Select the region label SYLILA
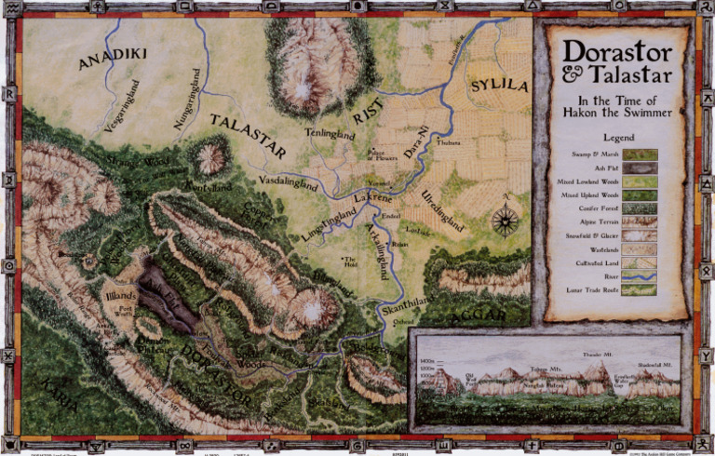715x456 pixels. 498,87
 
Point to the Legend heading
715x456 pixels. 618,138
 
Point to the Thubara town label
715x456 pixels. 449,143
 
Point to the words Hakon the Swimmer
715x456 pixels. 617,113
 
